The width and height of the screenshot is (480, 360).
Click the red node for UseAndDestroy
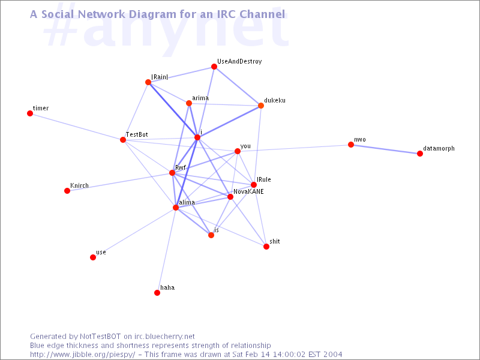214,67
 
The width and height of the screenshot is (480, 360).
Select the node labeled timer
30,113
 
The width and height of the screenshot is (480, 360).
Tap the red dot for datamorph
420,154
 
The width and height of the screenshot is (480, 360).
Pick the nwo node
351,145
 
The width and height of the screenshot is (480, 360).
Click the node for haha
157,293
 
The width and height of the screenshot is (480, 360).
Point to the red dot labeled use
93,257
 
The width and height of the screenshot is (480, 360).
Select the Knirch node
67,191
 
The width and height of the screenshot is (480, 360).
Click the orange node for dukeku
261,106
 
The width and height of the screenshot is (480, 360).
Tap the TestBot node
123,140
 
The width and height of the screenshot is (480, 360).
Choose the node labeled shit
266,247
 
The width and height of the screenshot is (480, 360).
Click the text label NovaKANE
248,191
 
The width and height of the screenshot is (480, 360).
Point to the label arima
200,98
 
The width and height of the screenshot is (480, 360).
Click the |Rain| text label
160,77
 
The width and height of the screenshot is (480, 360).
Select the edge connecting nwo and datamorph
385,149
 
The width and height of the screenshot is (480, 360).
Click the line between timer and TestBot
77,127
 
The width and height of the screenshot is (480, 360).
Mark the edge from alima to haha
167,250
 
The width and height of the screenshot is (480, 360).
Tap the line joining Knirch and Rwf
119,182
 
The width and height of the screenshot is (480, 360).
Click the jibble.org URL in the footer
83,355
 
